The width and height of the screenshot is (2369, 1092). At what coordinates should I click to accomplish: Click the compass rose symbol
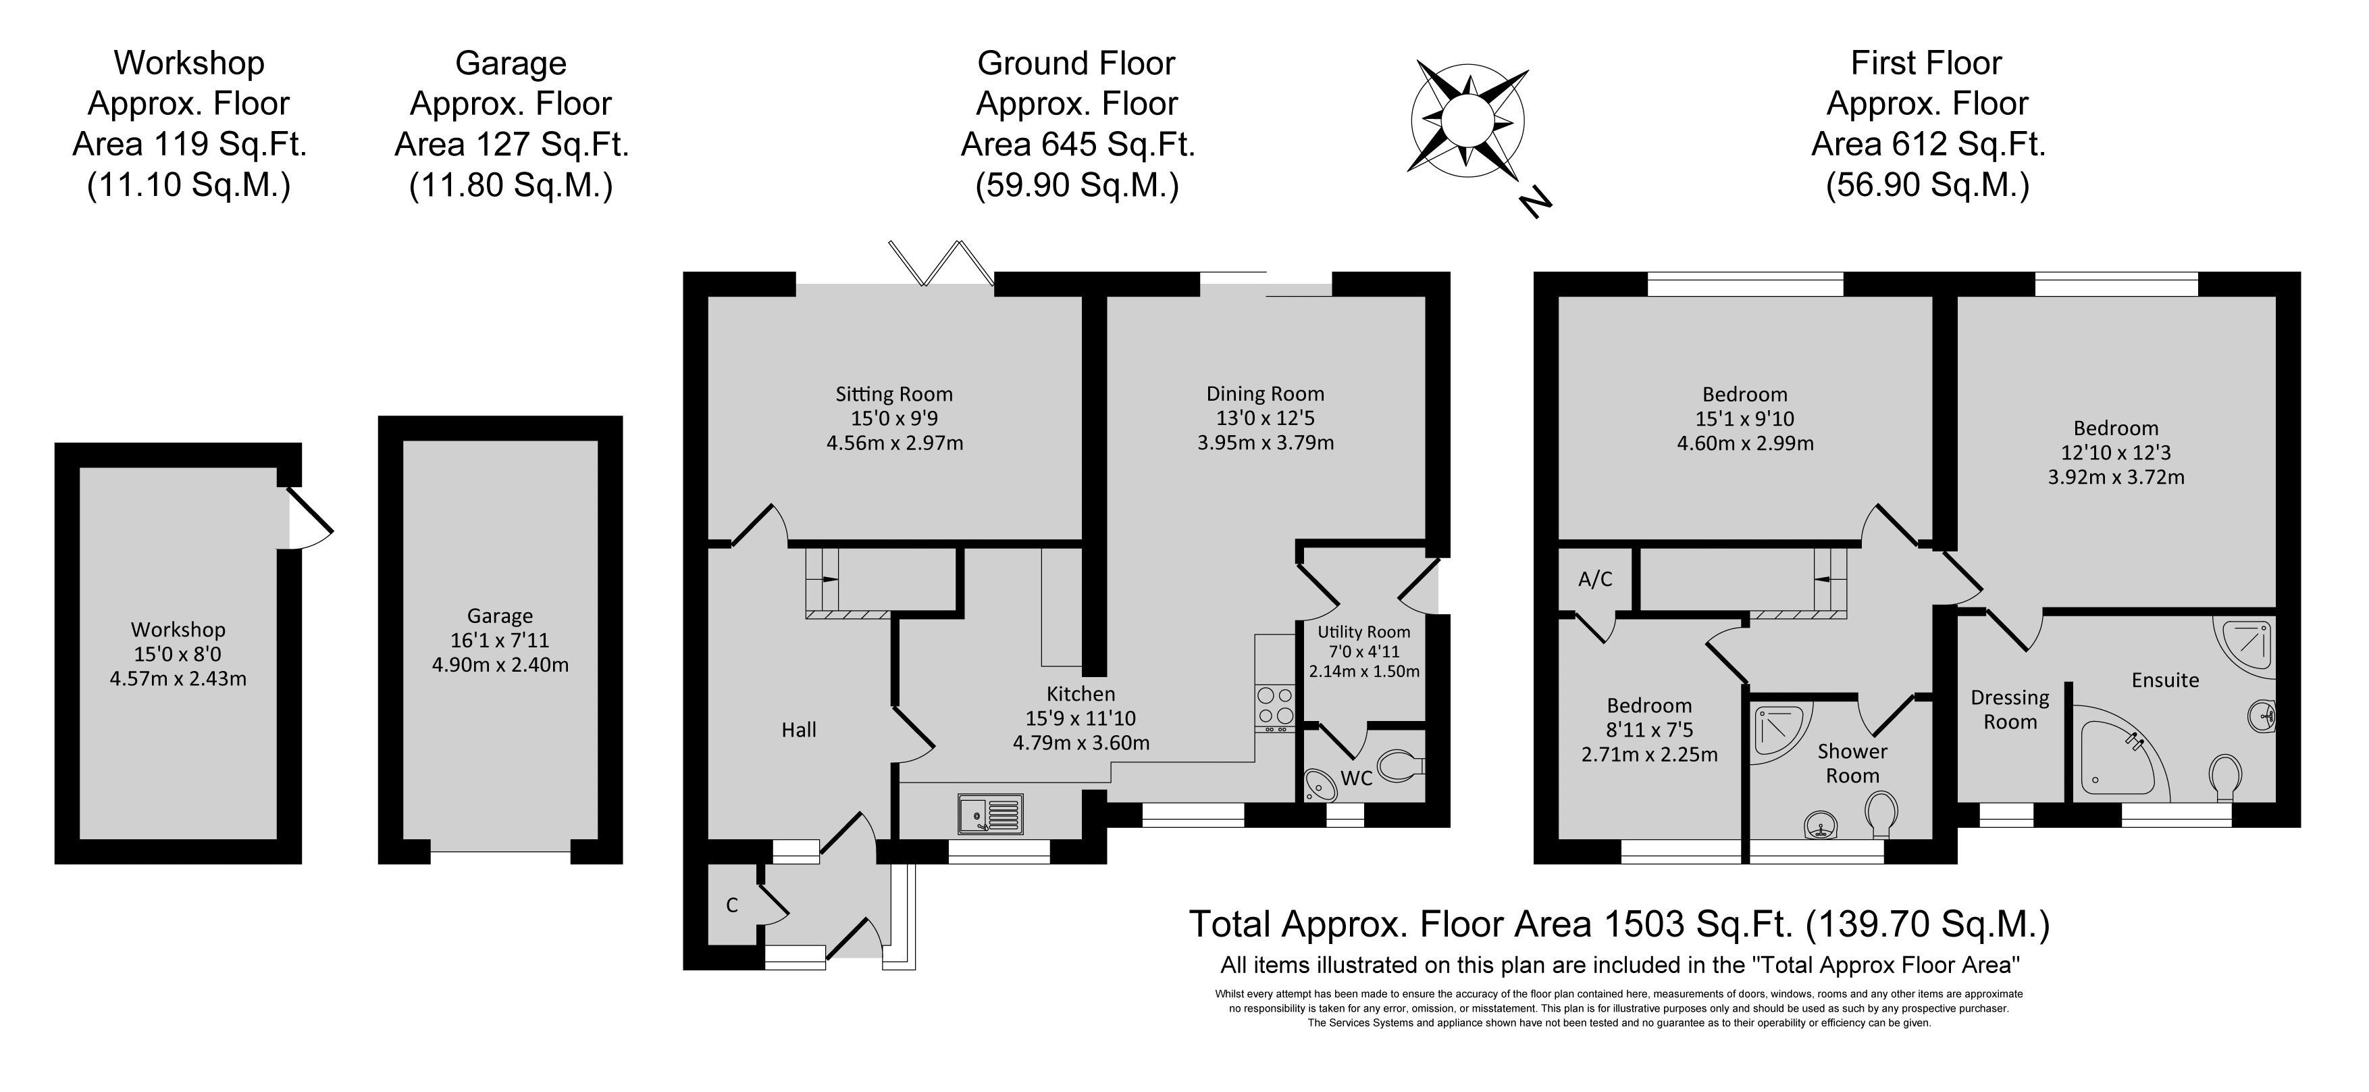tap(1467, 120)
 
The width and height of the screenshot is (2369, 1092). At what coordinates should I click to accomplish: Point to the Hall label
tap(799, 730)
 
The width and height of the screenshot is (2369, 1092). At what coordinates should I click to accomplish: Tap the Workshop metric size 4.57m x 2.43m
tap(178, 679)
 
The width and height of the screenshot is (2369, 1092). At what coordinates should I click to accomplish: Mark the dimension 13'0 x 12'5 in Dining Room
tap(1266, 418)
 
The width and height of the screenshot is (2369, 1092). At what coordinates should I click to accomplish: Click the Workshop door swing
tap(310, 519)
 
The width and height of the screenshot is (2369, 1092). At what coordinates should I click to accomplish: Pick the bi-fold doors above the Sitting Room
tap(941, 264)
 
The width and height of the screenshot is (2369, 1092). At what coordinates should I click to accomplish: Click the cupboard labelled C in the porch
tap(733, 905)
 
